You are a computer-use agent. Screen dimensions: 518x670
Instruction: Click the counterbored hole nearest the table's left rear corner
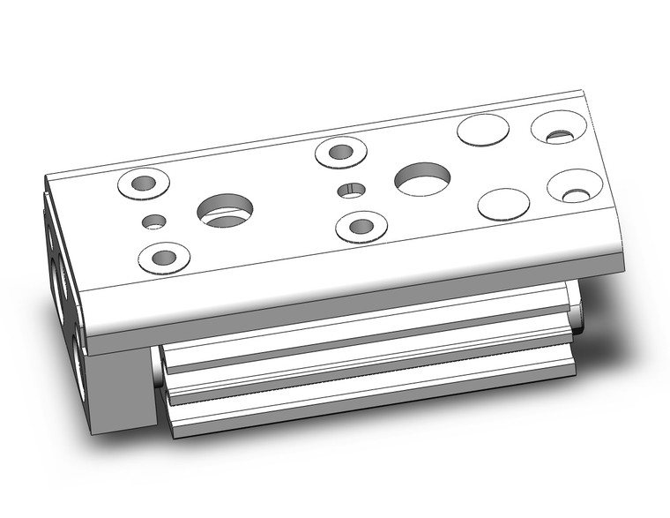point(143,184)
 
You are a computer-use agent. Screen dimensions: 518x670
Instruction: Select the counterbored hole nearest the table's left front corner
point(163,258)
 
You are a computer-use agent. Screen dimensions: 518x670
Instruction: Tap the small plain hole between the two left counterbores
point(153,221)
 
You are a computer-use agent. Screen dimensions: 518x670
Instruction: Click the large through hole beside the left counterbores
point(226,211)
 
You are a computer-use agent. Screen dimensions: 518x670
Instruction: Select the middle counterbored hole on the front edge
point(361,226)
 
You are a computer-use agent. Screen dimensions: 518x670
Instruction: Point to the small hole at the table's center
point(352,190)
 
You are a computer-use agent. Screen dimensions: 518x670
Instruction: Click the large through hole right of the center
point(422,179)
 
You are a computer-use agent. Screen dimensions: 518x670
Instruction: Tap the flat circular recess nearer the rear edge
point(482,131)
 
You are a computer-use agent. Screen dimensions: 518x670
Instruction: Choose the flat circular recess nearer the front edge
point(503,204)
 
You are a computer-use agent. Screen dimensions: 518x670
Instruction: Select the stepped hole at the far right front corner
point(575,186)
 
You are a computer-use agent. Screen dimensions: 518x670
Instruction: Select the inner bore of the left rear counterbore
point(145,184)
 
